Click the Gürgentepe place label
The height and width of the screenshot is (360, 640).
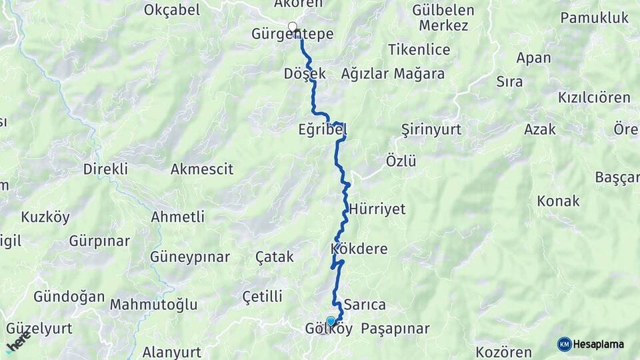(x=293, y=35)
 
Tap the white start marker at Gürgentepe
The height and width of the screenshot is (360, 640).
(x=292, y=27)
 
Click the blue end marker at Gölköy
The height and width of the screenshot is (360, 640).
(x=331, y=321)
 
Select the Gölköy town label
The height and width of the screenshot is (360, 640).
(x=328, y=329)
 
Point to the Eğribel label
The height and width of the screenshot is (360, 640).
(x=323, y=131)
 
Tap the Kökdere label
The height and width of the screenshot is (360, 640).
(x=359, y=249)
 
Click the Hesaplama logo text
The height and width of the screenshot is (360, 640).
(x=599, y=345)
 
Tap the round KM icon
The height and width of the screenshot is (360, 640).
(x=565, y=345)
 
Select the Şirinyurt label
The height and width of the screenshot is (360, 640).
(x=431, y=129)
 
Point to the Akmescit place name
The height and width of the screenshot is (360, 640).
(x=202, y=169)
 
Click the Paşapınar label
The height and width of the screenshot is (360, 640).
(x=395, y=329)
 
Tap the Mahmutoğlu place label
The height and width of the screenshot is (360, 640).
(x=153, y=305)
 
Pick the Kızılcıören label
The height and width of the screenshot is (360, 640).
(x=594, y=98)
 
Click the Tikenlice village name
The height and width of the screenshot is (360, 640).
(x=419, y=50)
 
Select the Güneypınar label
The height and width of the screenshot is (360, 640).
(x=190, y=257)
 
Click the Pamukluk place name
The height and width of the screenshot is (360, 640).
(x=595, y=18)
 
